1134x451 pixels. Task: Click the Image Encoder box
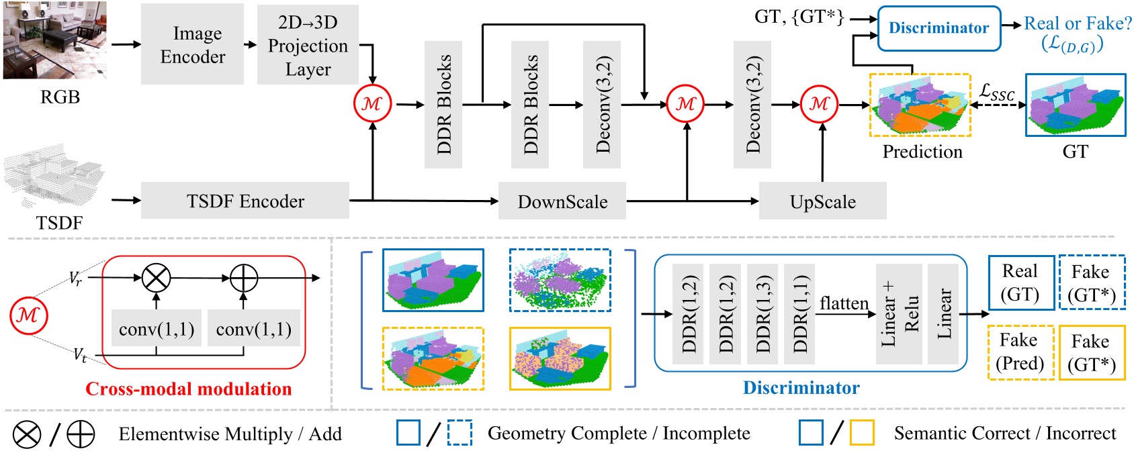(x=192, y=44)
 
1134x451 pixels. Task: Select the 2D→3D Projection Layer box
(x=308, y=45)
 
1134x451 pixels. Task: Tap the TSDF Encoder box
(x=245, y=201)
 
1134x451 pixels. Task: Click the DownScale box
(x=562, y=201)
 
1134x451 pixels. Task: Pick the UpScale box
(x=822, y=201)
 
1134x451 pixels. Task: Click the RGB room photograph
(x=54, y=40)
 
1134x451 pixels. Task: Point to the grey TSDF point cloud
(x=54, y=176)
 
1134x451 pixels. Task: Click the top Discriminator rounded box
(x=939, y=28)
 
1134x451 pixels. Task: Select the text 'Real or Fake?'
(x=1078, y=23)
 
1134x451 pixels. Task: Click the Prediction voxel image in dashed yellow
(x=920, y=106)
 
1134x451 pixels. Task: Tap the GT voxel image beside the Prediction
(x=1075, y=105)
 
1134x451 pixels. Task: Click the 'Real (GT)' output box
(x=1020, y=283)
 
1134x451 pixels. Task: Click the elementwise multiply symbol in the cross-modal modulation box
(x=157, y=277)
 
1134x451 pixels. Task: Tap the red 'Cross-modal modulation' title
(x=188, y=389)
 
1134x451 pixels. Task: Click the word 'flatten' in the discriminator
(x=844, y=303)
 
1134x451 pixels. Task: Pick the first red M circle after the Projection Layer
(x=372, y=103)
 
